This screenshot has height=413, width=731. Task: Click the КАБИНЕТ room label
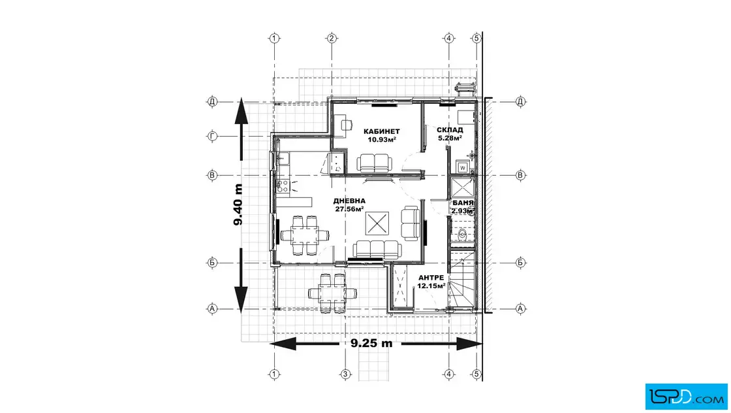tap(381, 131)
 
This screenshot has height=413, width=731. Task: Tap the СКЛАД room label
tap(450, 130)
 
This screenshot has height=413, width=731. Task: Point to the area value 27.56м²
tap(350, 209)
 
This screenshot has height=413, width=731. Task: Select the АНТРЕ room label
tap(431, 278)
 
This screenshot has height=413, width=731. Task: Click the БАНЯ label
tap(463, 203)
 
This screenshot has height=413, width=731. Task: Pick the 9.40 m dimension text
tap(238, 205)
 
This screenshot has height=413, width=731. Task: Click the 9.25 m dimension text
tap(371, 344)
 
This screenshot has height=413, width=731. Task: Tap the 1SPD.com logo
tap(686, 397)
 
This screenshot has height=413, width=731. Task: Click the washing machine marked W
tap(463, 167)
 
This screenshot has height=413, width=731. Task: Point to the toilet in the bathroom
tap(463, 235)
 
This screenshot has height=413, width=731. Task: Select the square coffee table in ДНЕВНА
tap(377, 223)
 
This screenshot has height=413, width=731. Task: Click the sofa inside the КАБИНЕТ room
tap(375, 163)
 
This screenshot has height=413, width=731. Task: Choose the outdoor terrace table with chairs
tap(332, 293)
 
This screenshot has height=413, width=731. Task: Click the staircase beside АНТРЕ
tap(461, 279)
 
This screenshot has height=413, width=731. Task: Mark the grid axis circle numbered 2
tap(332, 39)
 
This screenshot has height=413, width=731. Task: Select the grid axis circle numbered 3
tap(345, 374)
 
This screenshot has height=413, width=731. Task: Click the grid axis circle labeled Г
tap(212, 137)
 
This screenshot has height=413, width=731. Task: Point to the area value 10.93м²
tap(382, 140)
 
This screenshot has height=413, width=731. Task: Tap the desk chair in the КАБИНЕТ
tap(345, 125)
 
